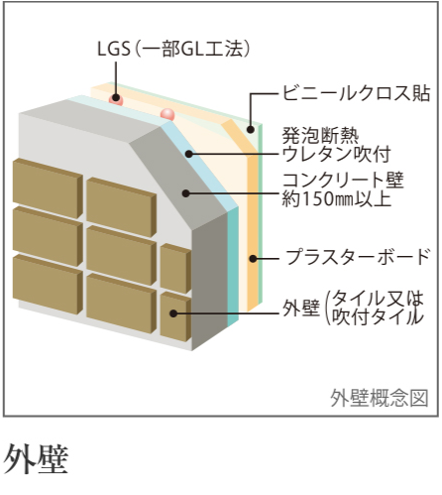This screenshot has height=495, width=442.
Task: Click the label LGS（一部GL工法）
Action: (x=173, y=49)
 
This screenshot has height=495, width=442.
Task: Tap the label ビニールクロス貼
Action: (x=356, y=93)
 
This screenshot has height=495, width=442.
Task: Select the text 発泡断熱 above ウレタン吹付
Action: (x=320, y=136)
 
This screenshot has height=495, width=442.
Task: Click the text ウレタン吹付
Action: (x=337, y=154)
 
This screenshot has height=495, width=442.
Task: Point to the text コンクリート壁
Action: (x=343, y=181)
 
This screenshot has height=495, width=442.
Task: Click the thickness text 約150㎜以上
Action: (x=337, y=198)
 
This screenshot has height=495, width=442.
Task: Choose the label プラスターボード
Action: (x=359, y=257)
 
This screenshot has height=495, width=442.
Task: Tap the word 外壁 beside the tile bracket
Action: (x=301, y=308)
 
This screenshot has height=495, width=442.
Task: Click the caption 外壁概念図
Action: (x=380, y=398)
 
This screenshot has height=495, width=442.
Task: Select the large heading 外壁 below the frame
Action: (x=36, y=458)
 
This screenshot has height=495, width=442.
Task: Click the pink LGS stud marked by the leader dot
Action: (x=116, y=99)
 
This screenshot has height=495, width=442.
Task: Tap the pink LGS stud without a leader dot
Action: (x=167, y=114)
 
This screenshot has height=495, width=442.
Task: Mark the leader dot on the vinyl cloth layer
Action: (x=251, y=129)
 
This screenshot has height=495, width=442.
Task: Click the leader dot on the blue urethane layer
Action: (x=188, y=154)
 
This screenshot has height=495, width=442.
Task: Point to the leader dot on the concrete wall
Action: (x=186, y=193)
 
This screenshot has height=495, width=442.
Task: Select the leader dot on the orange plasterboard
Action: (x=253, y=259)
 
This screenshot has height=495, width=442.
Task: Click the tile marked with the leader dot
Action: (x=175, y=316)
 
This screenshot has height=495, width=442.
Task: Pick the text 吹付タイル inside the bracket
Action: (x=378, y=316)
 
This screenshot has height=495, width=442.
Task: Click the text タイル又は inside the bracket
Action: (x=378, y=299)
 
